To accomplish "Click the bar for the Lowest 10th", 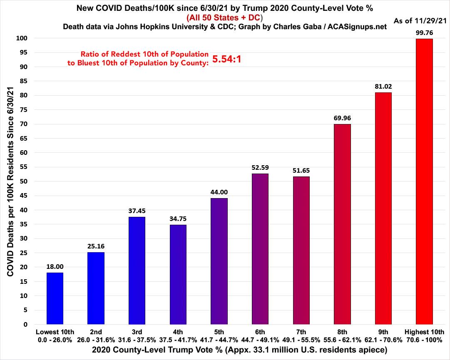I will pyautogui.click(x=55, y=298).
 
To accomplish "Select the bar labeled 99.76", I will pyautogui.click(x=424, y=181).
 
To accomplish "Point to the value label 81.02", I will pyautogui.click(x=383, y=87).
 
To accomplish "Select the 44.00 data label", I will pyautogui.click(x=219, y=192).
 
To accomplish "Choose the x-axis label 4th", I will pyautogui.click(x=178, y=332).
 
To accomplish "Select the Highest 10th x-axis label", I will pyautogui.click(x=424, y=332).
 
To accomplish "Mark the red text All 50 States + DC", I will pyautogui.click(x=225, y=17).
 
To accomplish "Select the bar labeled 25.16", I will pyautogui.click(x=96, y=288).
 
